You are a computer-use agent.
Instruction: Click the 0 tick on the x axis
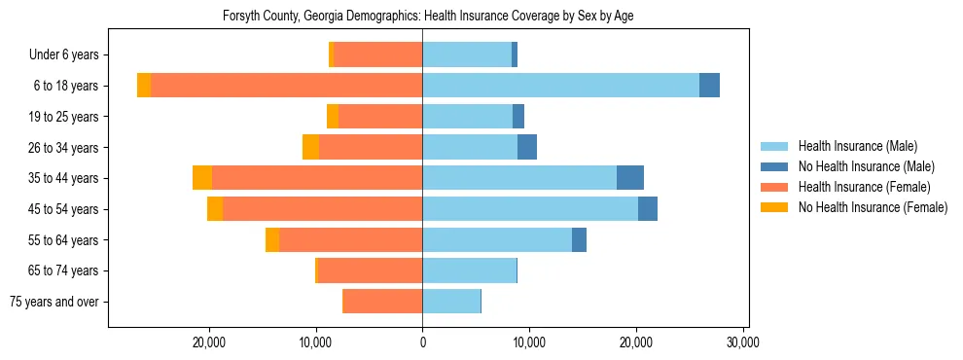click(x=422, y=342)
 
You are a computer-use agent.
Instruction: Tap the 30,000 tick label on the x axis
click(x=742, y=342)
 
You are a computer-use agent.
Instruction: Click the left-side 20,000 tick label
click(x=209, y=342)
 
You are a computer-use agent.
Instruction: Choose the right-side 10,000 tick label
click(x=529, y=342)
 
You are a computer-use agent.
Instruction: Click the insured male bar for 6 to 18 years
click(x=560, y=86)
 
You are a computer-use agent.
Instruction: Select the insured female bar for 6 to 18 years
click(x=286, y=86)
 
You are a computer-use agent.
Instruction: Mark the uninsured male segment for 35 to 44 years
click(x=630, y=178)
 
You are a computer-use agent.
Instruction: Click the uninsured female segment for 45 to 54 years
click(x=215, y=209)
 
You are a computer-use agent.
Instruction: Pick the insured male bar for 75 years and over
click(x=451, y=302)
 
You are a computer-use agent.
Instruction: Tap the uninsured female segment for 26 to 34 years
click(x=310, y=147)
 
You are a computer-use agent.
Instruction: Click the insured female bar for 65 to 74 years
click(x=370, y=270)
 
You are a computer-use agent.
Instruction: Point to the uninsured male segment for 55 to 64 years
click(x=579, y=239)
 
